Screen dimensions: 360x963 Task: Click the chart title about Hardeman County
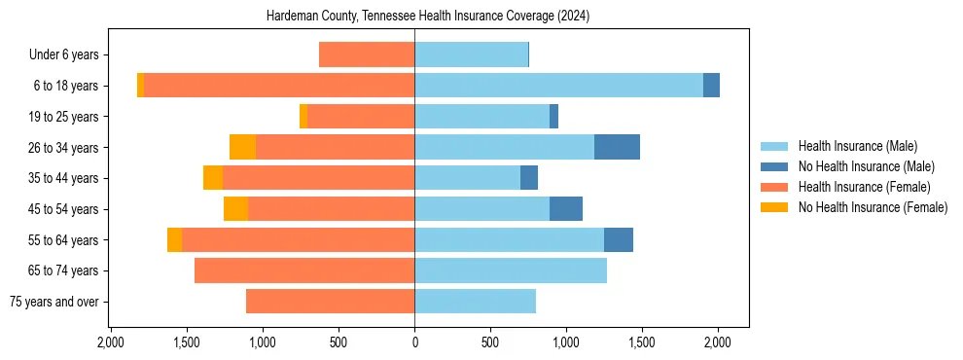point(428,17)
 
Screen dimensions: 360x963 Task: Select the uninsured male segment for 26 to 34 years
point(617,147)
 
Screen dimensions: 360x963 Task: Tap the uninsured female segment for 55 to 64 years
point(174,239)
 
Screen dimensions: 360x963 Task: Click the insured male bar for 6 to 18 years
point(558,86)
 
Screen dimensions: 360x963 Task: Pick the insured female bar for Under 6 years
point(367,54)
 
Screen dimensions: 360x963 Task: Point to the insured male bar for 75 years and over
point(475,301)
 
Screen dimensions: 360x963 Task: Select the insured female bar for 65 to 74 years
point(304,270)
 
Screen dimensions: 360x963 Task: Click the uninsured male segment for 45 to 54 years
point(566,208)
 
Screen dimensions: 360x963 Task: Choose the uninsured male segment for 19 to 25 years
point(553,116)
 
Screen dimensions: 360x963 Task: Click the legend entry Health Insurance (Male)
point(857,146)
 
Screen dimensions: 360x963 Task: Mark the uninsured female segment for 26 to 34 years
point(242,147)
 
